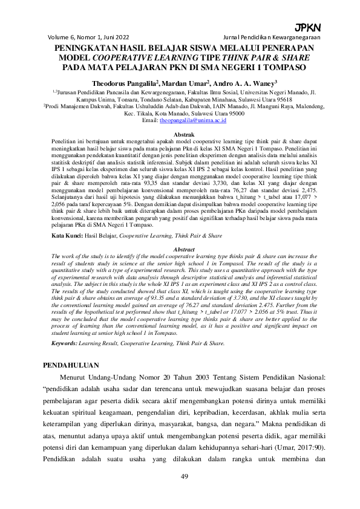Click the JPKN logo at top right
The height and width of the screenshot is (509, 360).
pyautogui.click(x=307, y=28)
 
